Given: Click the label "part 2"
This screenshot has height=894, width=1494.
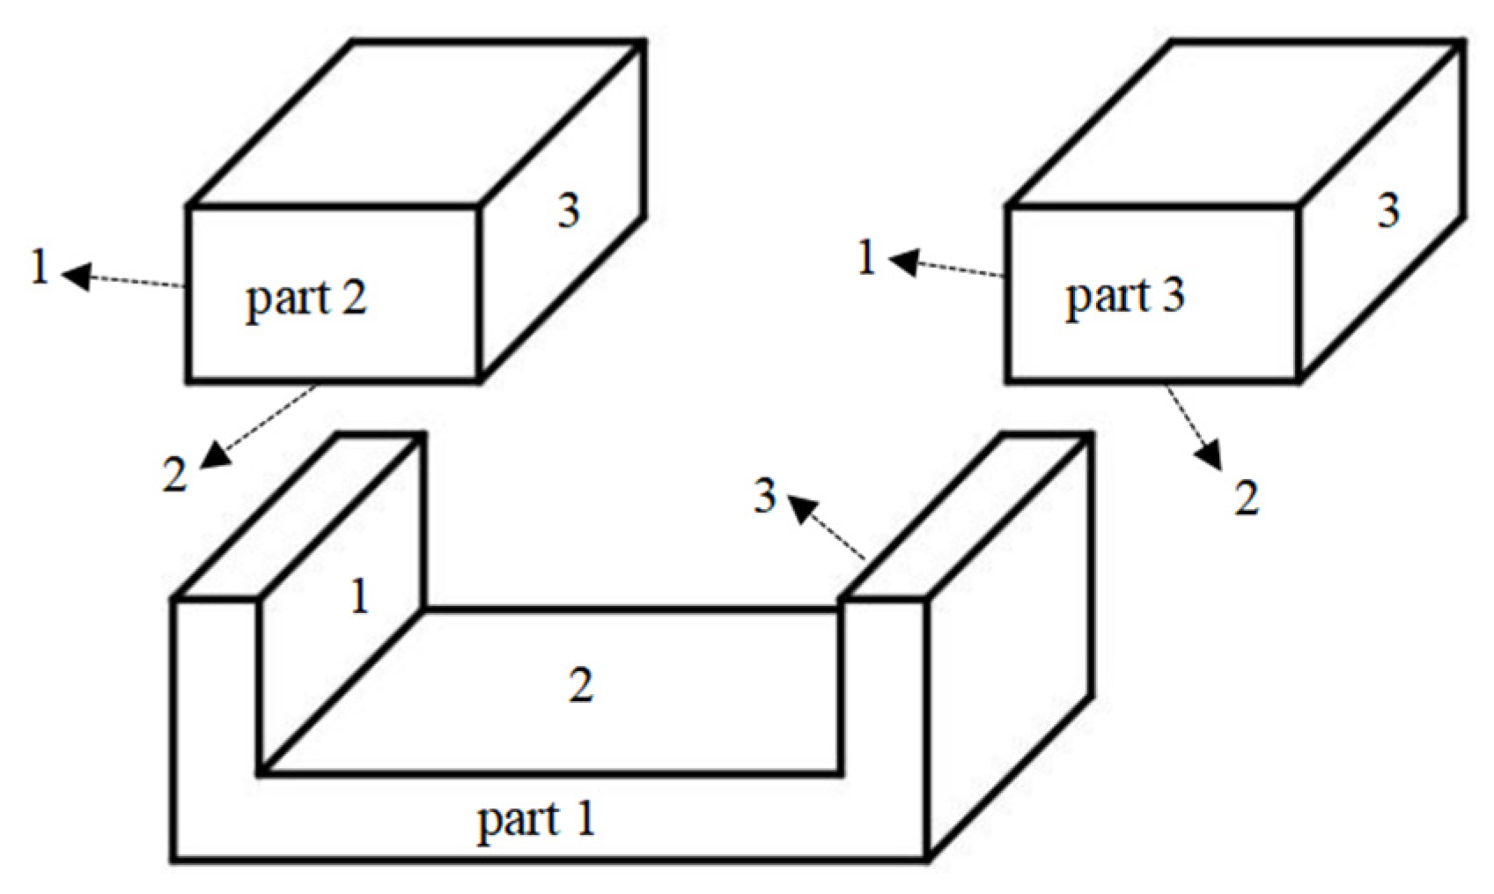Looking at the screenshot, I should click(305, 299).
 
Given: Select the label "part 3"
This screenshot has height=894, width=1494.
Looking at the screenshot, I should click(1125, 296).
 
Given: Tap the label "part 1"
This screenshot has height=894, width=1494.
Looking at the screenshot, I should click(536, 820).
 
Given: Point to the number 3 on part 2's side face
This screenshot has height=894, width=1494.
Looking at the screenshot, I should click(569, 211).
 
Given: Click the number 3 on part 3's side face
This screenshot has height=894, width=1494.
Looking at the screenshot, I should click(1388, 211).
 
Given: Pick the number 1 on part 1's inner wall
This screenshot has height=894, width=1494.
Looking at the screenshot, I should click(359, 598).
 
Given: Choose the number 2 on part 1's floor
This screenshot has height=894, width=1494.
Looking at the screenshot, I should click(581, 684).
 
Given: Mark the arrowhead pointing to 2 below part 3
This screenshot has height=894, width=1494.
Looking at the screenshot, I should click(1211, 458).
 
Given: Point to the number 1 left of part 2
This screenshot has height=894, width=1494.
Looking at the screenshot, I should click(39, 267).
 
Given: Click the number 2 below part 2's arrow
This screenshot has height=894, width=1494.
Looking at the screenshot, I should click(175, 477).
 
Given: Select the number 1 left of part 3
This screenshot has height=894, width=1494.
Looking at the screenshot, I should click(867, 259).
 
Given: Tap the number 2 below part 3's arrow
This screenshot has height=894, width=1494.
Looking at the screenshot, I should click(1246, 499).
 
